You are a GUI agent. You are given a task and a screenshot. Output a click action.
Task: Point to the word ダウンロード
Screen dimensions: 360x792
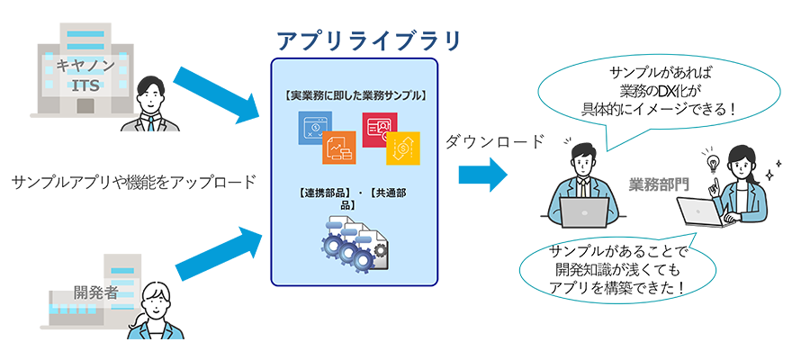495,141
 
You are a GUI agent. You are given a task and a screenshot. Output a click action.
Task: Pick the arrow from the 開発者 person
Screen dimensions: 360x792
216,255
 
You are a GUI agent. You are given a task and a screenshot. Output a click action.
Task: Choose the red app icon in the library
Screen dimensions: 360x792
380,129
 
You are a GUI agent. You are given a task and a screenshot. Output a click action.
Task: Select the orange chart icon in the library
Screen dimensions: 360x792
339,149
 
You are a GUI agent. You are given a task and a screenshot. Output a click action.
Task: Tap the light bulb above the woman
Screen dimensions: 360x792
714,163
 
